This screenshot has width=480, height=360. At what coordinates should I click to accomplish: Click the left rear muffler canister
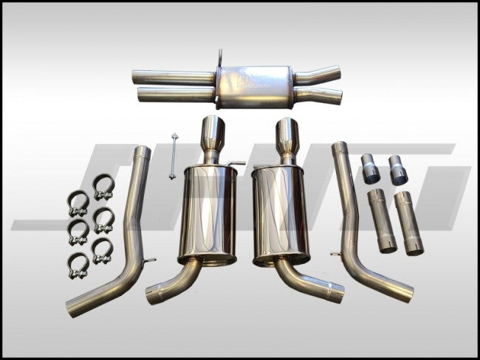207,215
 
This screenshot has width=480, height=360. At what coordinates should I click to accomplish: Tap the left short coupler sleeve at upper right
371,170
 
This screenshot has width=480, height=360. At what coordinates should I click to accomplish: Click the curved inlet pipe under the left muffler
177,283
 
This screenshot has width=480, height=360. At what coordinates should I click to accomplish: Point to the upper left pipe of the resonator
174,76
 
